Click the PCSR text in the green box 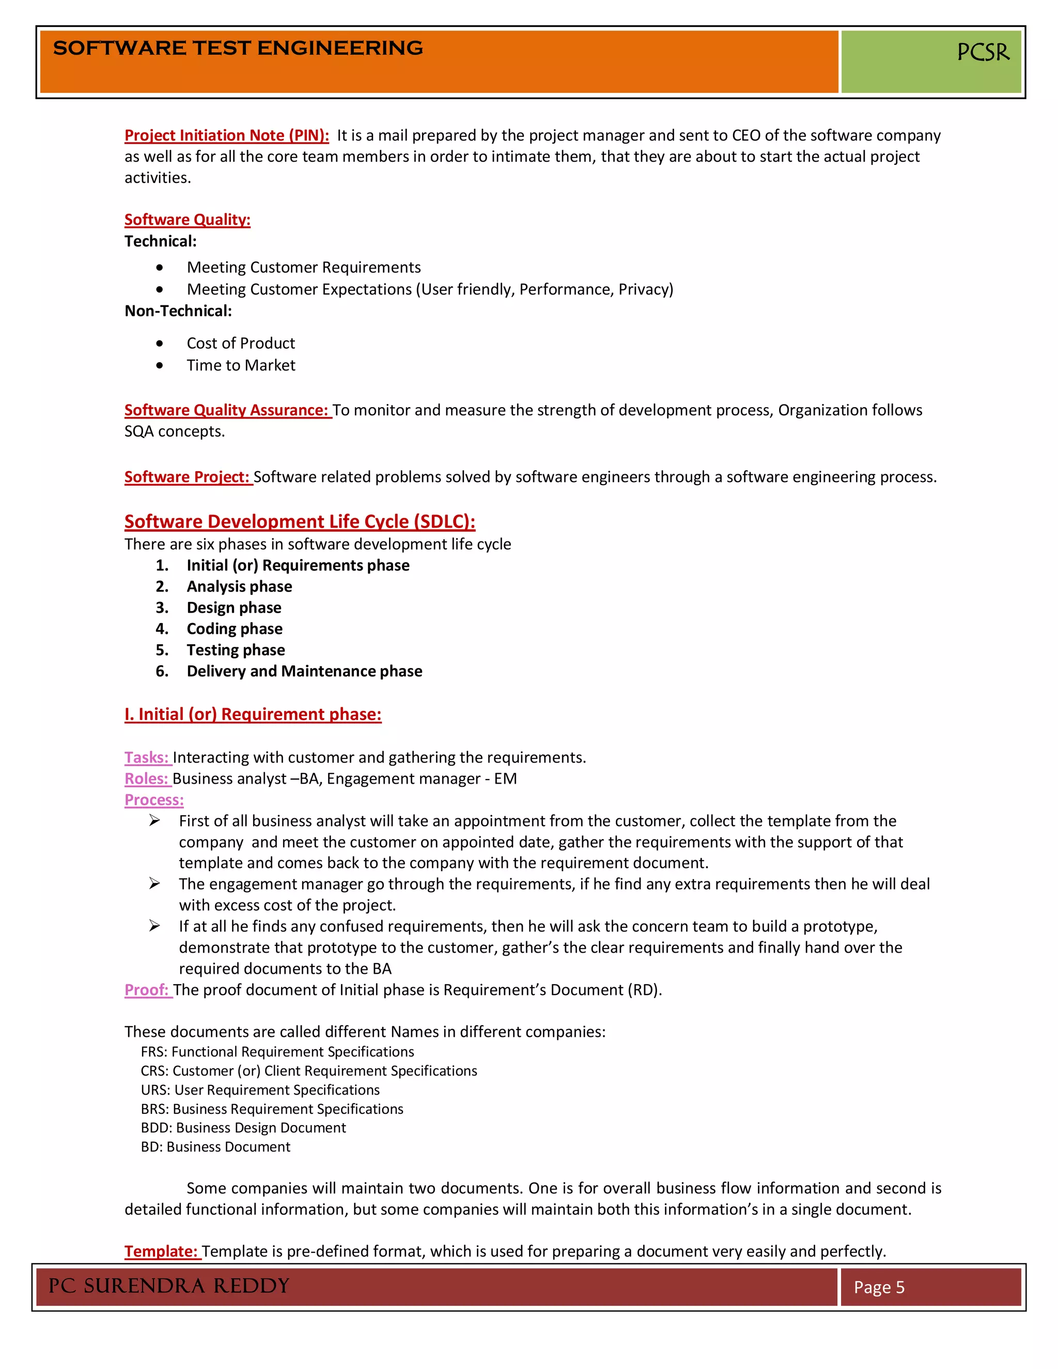tap(983, 52)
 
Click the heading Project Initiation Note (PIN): tap(226, 135)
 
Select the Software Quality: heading tap(187, 220)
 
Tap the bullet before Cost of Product tap(160, 344)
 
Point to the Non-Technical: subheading tap(178, 311)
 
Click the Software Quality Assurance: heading tap(226, 410)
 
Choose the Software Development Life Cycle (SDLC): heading tap(300, 522)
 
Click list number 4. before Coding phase tap(162, 629)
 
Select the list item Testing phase tap(236, 650)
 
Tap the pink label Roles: tap(147, 779)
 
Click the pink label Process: tap(153, 800)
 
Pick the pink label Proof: tap(147, 990)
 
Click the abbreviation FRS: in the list tap(154, 1052)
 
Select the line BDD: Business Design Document tap(243, 1128)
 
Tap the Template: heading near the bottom tap(161, 1251)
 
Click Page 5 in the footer tap(879, 1287)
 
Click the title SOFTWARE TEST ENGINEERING tap(238, 48)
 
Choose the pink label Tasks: tap(147, 757)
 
